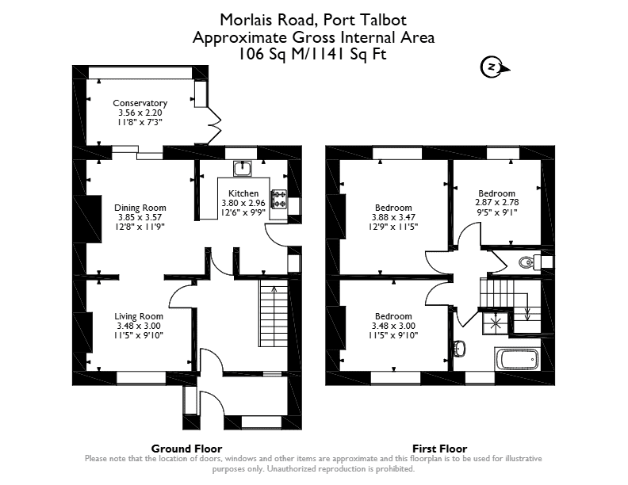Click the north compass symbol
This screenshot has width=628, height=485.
495,67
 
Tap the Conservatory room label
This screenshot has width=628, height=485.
140,103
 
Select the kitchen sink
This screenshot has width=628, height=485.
243,169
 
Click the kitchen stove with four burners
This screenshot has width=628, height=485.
280,199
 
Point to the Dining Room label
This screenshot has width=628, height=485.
140,208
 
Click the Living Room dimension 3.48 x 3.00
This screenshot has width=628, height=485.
139,326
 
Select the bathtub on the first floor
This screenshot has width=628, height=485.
517,359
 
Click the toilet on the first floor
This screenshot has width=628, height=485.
526,262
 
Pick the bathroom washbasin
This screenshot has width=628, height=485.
460,349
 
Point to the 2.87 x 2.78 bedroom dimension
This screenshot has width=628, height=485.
496,203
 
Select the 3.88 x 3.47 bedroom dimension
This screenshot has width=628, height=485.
393,217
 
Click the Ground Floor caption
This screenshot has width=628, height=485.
186,449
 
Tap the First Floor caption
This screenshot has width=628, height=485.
440,449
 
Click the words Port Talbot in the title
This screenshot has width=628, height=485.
365,20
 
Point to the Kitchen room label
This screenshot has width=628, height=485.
243,193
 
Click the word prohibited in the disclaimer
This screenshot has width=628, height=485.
395,468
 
